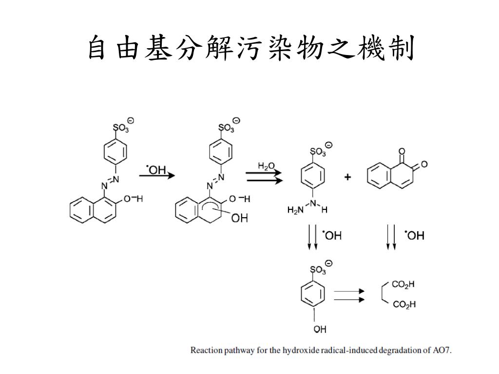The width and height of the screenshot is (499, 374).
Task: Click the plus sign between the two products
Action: click(x=347, y=178)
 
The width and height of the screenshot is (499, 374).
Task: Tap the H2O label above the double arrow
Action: click(x=267, y=167)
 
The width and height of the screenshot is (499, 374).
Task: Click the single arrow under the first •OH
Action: click(x=157, y=175)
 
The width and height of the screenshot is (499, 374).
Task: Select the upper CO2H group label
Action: click(x=403, y=284)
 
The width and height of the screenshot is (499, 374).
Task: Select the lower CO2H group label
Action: click(x=403, y=305)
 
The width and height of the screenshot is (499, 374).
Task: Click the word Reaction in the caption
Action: click(x=206, y=350)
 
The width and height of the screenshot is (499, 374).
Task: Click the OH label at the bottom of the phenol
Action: click(x=320, y=330)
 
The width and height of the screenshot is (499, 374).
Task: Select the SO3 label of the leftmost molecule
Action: click(x=121, y=129)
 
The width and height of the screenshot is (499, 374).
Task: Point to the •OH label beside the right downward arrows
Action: click(x=415, y=236)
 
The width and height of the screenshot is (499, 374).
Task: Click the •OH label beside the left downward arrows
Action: click(x=332, y=236)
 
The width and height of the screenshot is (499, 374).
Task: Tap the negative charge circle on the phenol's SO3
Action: click(x=329, y=263)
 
